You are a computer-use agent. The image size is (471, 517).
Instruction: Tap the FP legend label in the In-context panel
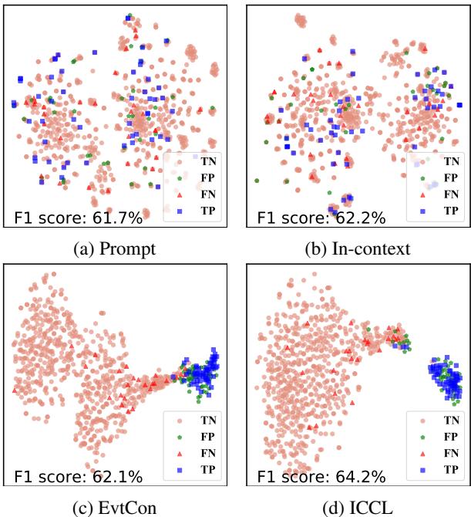(449, 178)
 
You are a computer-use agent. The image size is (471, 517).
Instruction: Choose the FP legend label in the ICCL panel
(449, 436)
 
